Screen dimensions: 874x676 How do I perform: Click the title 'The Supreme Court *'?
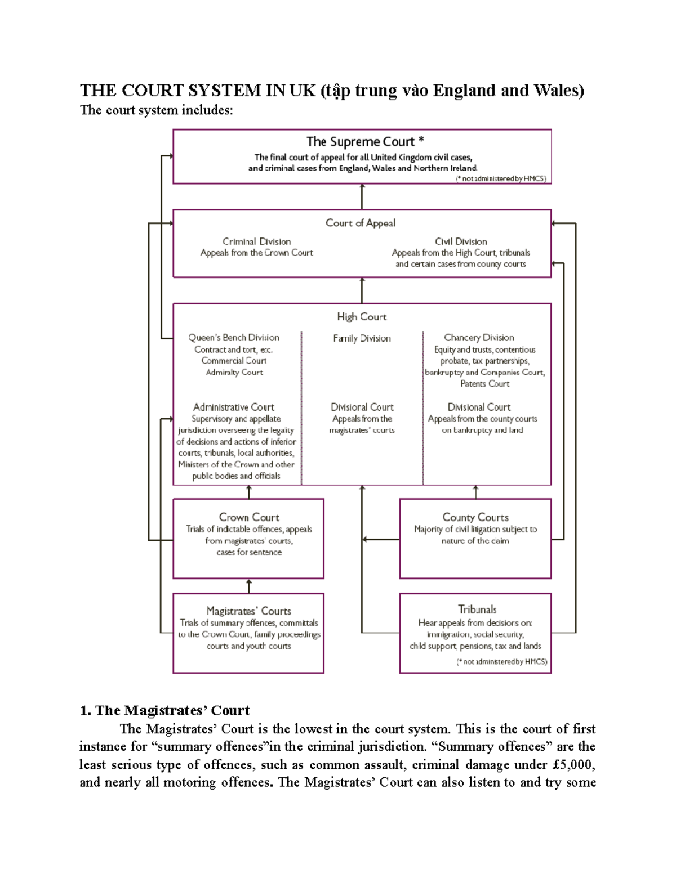pyautogui.click(x=364, y=142)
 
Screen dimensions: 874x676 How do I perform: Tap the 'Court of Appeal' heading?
pyautogui.click(x=361, y=223)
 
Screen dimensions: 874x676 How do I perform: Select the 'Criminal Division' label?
pyautogui.click(x=256, y=241)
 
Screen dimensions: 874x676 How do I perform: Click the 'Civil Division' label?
pyautogui.click(x=461, y=241)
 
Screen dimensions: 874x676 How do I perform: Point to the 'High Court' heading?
pyautogui.click(x=362, y=317)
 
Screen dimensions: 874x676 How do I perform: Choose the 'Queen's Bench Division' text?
pyautogui.click(x=234, y=338)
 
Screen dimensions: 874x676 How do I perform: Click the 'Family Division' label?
pyautogui.click(x=362, y=338)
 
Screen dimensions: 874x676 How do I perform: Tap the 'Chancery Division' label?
pyautogui.click(x=479, y=338)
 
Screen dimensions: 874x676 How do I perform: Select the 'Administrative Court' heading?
pyautogui.click(x=234, y=407)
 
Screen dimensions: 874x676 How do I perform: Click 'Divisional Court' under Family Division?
pyautogui.click(x=362, y=407)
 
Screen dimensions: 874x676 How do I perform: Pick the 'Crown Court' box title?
pyautogui.click(x=249, y=517)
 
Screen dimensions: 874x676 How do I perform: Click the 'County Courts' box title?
pyautogui.click(x=475, y=517)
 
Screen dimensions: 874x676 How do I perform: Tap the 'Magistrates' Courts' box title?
pyautogui.click(x=249, y=611)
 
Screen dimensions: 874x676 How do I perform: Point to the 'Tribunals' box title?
pyautogui.click(x=477, y=609)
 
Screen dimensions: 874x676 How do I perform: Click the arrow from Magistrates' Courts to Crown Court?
pyautogui.click(x=249, y=586)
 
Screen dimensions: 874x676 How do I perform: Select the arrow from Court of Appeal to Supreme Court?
pyautogui.click(x=362, y=196)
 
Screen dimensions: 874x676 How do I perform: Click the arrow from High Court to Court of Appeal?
pyautogui.click(x=362, y=290)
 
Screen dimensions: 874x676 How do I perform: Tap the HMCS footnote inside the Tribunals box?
pyautogui.click(x=502, y=662)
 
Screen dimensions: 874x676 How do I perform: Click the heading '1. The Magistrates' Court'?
pyautogui.click(x=164, y=710)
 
